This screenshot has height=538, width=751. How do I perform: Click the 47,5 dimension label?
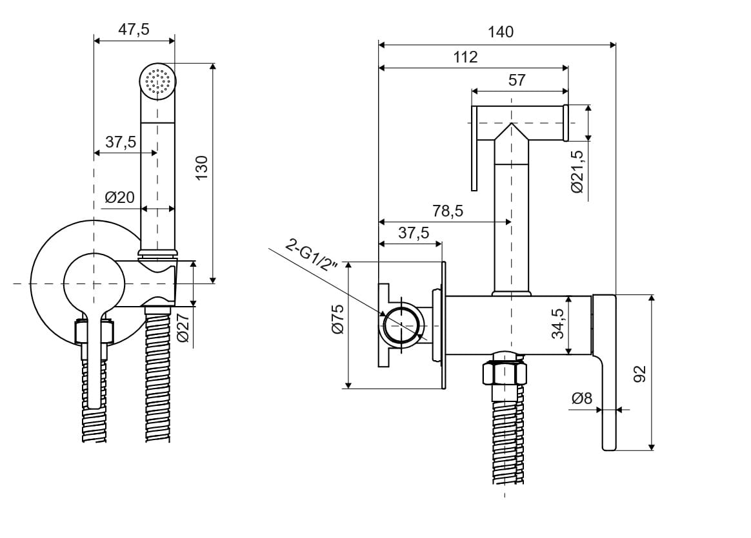point(134,29)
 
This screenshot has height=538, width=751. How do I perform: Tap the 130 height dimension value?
point(201,168)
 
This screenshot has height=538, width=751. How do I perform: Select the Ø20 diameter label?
point(119,197)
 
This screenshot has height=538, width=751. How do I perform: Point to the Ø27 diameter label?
point(183,328)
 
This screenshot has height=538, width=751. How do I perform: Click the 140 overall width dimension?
point(501,32)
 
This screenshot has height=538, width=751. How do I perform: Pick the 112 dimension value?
point(465,57)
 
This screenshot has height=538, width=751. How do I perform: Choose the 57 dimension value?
point(517,80)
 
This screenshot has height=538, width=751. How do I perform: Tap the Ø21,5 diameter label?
point(577,171)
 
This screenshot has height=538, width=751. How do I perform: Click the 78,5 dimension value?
point(448,211)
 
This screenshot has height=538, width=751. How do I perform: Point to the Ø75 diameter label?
point(337,319)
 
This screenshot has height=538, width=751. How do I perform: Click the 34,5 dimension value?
point(559,323)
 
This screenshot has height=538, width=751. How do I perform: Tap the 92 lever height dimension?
point(639,374)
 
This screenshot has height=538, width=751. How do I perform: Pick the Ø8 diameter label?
point(581,399)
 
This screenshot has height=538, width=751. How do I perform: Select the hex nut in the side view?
point(505,372)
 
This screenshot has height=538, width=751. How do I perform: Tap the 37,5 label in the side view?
point(414,233)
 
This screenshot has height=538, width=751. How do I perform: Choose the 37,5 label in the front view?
point(121,142)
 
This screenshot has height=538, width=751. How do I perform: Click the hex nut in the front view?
point(95,332)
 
